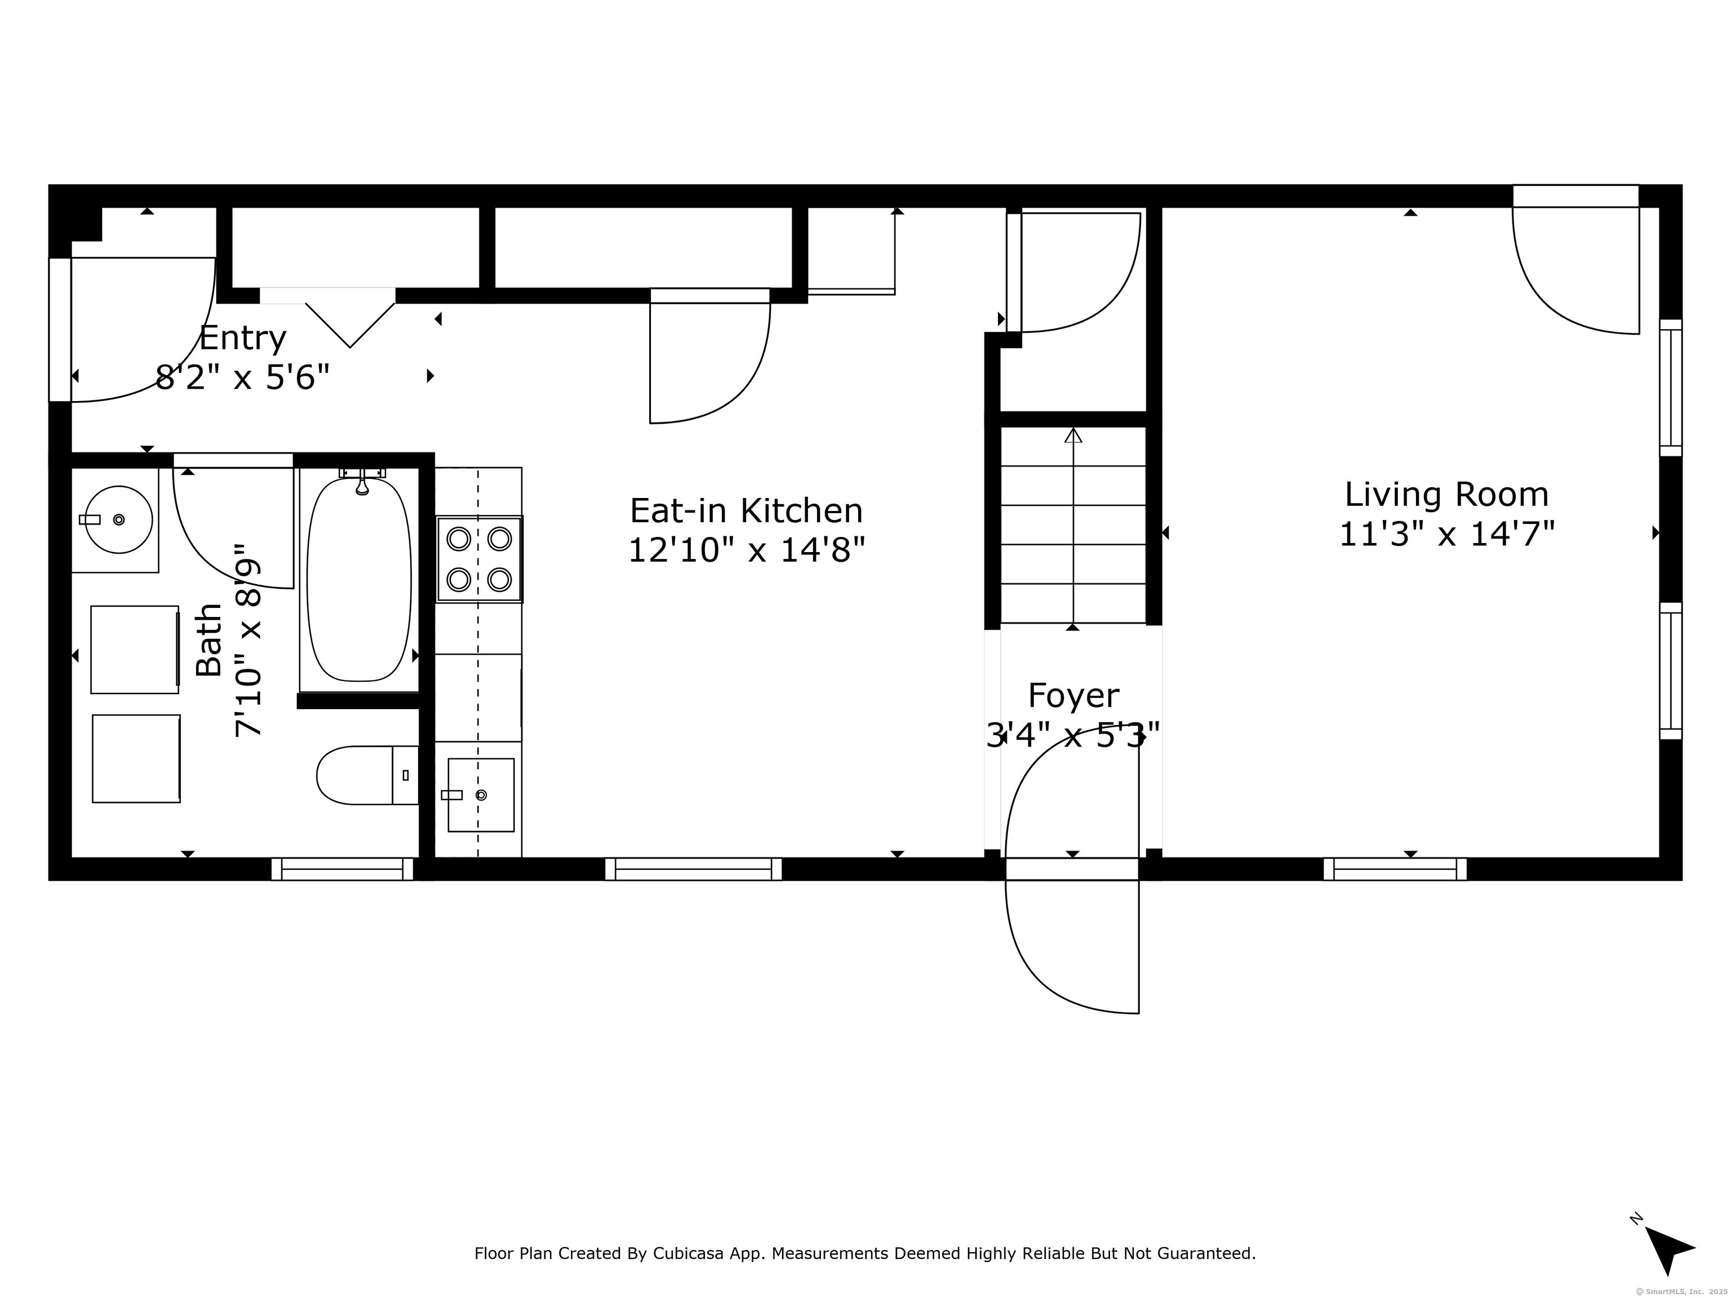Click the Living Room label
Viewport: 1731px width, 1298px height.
[1446, 495]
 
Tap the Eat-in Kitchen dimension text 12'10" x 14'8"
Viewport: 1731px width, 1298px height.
[747, 550]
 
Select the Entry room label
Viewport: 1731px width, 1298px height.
[243, 338]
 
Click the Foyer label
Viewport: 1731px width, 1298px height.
[1073, 696]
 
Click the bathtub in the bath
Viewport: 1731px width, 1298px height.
[359, 580]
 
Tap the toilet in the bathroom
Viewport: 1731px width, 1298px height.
[367, 775]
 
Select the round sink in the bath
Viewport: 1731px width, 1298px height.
[118, 519]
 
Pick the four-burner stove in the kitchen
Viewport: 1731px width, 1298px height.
[479, 559]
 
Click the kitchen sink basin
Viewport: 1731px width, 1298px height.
[481, 794]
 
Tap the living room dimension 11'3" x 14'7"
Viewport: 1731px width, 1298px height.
[1446, 535]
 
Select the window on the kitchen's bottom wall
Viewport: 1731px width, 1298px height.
[693, 869]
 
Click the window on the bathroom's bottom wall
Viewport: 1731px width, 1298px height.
[342, 869]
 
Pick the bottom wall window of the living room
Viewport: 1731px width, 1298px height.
[1395, 869]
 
